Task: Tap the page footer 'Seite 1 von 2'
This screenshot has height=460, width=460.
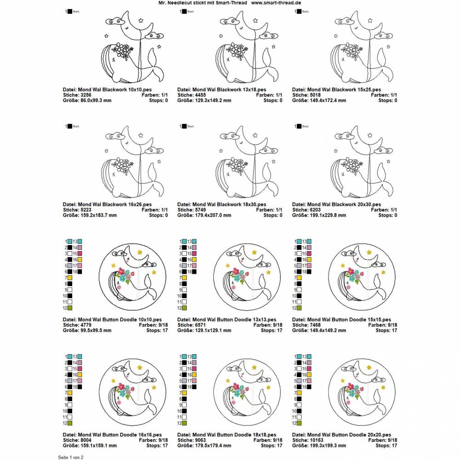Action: point(70,457)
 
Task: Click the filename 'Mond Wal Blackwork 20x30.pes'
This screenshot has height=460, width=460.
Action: point(337,204)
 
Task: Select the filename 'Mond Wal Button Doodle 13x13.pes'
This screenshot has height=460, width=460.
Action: point(227,319)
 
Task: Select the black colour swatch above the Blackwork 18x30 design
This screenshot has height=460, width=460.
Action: point(185,126)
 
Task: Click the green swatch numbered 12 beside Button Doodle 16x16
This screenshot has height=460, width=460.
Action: point(69,423)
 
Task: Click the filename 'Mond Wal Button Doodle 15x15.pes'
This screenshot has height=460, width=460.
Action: point(342,319)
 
